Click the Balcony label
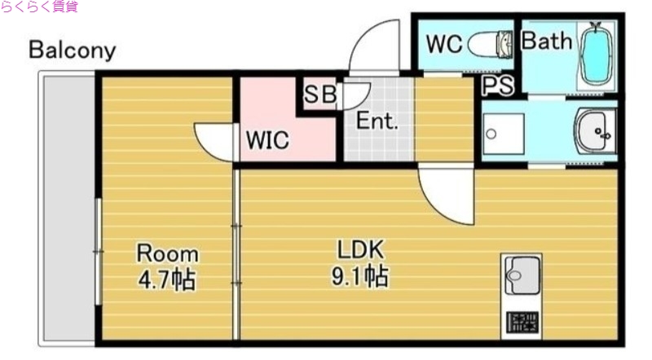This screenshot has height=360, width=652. pos(72,50)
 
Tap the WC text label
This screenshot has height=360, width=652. pos(444,44)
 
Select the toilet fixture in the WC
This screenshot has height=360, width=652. pos(493,44)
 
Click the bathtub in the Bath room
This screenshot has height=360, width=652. pos(596,55)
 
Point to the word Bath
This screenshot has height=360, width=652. pos(546,42)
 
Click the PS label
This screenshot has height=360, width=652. pos(497,86)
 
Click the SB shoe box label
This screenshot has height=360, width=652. pos(319,94)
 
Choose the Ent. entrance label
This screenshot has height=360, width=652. pos(377,122)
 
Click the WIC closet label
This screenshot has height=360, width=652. pos(267,140)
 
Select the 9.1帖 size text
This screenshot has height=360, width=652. pos(359,277)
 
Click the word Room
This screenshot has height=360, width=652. pos(167,252)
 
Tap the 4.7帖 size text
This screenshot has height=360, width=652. pos(166,280)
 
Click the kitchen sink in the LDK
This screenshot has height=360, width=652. pos(522,275)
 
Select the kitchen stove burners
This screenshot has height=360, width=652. pos(522,323)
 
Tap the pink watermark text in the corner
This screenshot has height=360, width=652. pos(39,7)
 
